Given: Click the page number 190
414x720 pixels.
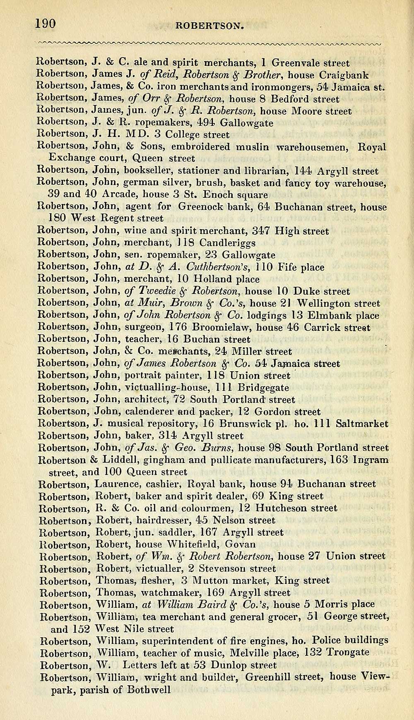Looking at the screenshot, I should click(x=46, y=24).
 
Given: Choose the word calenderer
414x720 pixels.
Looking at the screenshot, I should click(x=149, y=412).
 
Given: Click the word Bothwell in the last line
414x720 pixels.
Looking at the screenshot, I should click(x=149, y=690).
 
